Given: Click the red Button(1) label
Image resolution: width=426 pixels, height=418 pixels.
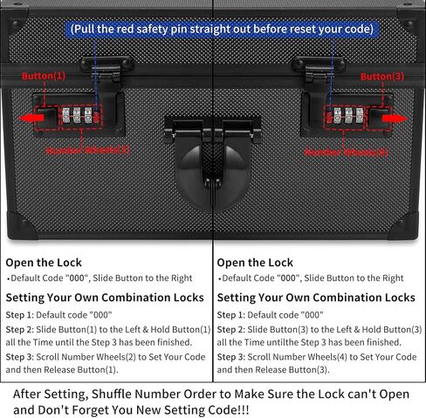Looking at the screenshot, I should pyautogui.click(x=44, y=76).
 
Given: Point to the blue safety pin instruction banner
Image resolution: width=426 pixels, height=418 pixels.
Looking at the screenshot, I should pyautogui.click(x=222, y=29).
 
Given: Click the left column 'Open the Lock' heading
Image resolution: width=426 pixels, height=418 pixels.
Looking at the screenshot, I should pyautogui.click(x=44, y=262).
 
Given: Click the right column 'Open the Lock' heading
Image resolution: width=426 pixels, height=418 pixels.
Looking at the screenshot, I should pyautogui.click(x=254, y=262).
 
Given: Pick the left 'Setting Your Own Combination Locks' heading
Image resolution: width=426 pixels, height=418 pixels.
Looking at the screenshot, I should pyautogui.click(x=105, y=298).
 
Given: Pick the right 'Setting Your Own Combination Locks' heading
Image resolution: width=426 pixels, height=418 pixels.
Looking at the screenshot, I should pyautogui.click(x=316, y=298).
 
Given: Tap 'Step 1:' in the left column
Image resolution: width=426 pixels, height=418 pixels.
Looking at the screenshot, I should pyautogui.click(x=22, y=314).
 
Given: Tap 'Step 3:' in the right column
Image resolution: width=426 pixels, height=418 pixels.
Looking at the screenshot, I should pyautogui.click(x=233, y=357).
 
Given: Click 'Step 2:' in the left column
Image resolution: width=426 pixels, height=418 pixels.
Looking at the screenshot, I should pyautogui.click(x=22, y=329).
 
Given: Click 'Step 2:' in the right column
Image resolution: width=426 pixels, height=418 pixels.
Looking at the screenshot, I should pyautogui.click(x=233, y=329).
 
